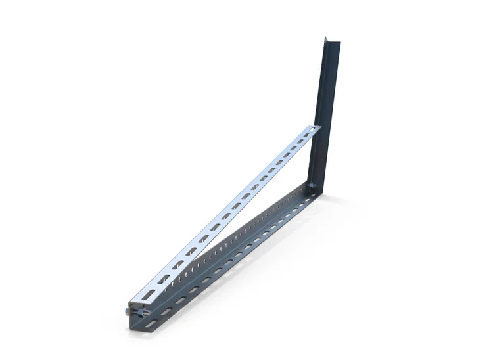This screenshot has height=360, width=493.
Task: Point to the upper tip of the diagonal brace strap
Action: click(319, 128)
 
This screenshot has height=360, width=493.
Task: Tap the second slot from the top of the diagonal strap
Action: click(300, 145)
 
